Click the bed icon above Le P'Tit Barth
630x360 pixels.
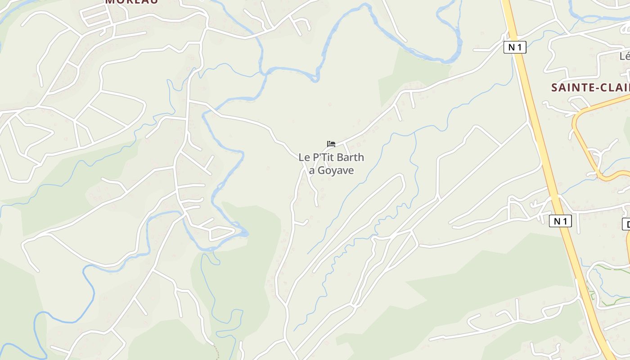tap(331, 144)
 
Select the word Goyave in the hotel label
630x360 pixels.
tap(336, 171)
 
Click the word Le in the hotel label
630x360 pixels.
tap(303, 157)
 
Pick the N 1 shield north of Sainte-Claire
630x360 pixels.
tap(515, 47)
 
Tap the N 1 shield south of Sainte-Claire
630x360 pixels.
tap(560, 221)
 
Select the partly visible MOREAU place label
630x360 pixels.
tap(131, 1)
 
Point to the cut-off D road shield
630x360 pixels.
tap(626, 224)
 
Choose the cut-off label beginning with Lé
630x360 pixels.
tap(625, 57)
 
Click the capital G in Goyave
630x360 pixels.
tap(321, 171)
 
